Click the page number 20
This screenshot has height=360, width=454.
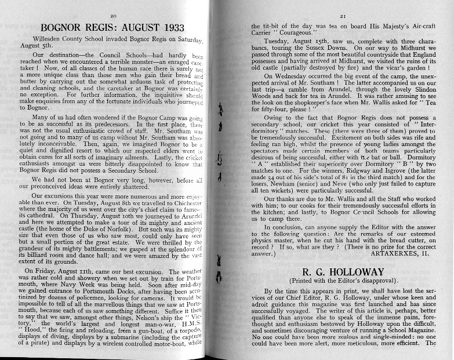click(x=114, y=15)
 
